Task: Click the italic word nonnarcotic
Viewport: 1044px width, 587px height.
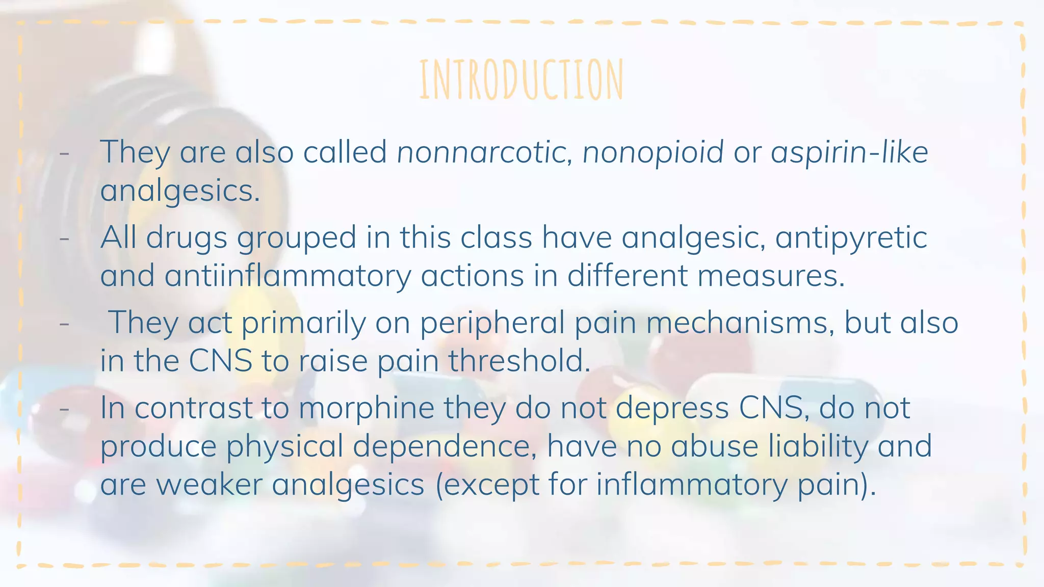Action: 481,152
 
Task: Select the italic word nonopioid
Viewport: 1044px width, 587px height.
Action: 653,152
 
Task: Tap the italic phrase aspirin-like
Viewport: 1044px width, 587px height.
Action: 849,152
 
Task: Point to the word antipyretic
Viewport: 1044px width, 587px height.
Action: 851,238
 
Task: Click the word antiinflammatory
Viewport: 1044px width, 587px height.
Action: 288,276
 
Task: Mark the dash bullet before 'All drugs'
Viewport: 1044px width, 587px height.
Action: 64,238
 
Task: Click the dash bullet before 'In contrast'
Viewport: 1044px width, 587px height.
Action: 64,408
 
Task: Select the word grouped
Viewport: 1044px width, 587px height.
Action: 296,238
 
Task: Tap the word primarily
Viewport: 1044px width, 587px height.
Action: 303,323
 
